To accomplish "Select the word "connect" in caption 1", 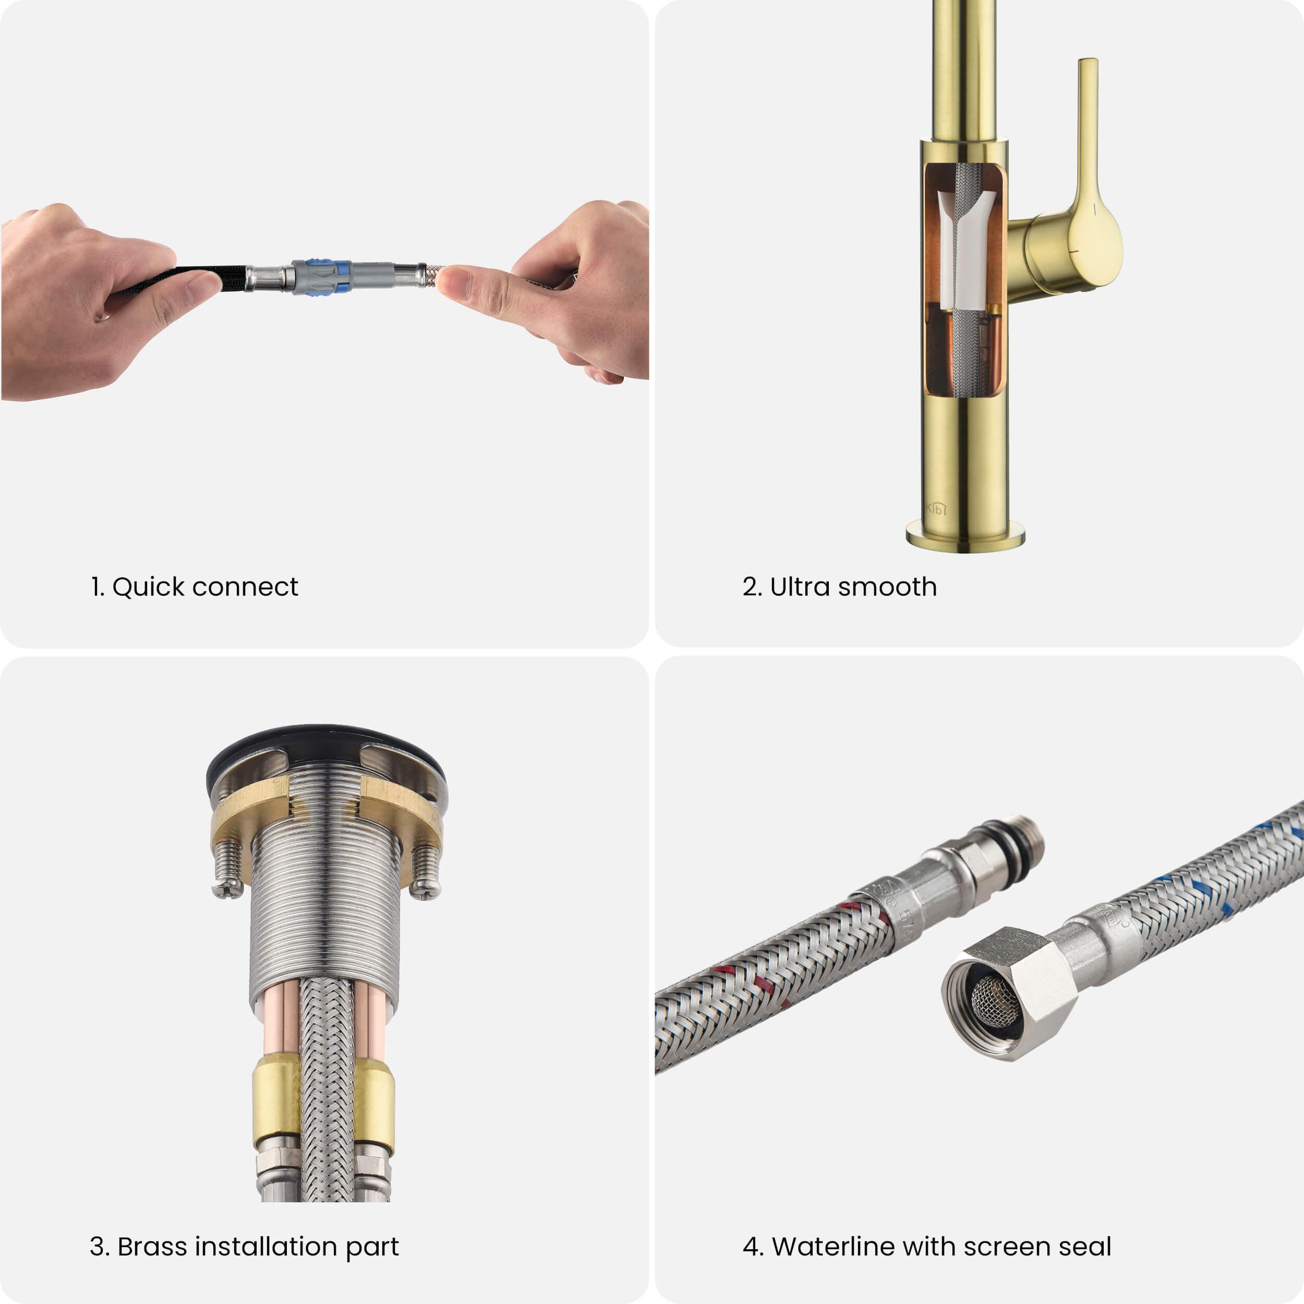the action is (x=245, y=588).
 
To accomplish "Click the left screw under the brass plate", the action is (x=227, y=870).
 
